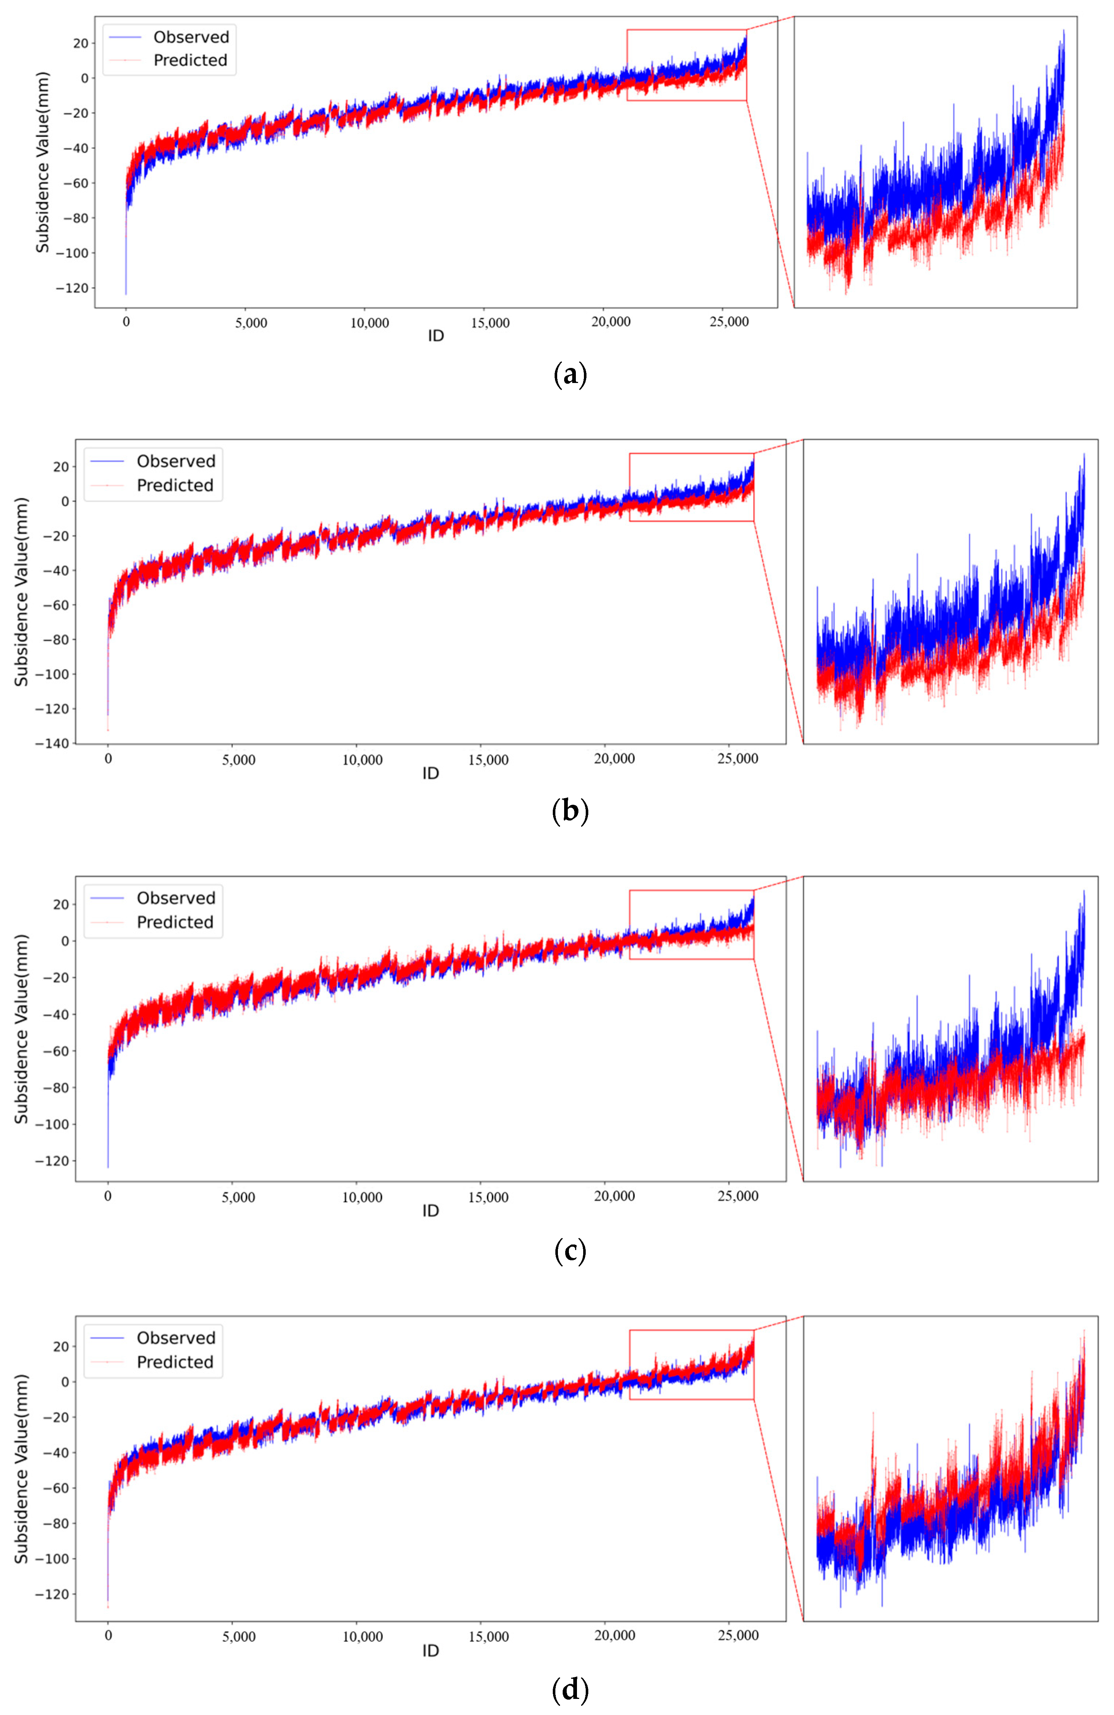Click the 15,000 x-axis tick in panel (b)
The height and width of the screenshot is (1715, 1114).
pyautogui.click(x=488, y=759)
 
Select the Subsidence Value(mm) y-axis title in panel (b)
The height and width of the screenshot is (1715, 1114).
pyautogui.click(x=22, y=591)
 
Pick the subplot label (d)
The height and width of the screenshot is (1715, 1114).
pyautogui.click(x=569, y=1690)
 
